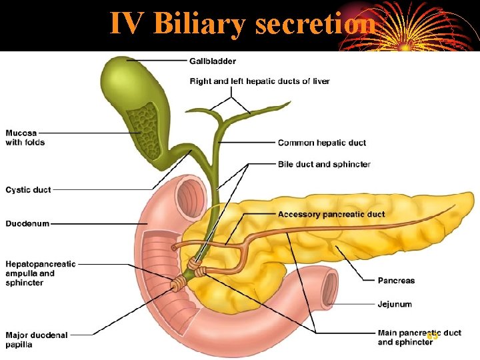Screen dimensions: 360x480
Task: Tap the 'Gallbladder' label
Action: coord(213,61)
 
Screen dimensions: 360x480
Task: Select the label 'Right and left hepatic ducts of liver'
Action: coord(259,81)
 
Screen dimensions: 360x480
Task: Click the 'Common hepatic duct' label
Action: coord(321,143)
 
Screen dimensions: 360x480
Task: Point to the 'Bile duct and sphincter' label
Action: coord(324,164)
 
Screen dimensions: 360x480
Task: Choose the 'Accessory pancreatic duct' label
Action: coord(331,215)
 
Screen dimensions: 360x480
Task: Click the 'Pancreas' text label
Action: coord(396,281)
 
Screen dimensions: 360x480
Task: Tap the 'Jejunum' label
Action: coord(395,304)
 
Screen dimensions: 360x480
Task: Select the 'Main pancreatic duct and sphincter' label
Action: coord(419,337)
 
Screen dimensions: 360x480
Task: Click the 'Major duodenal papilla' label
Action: coord(37,340)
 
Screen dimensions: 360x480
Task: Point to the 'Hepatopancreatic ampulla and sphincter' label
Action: coord(41,273)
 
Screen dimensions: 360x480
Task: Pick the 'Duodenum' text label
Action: coord(27,223)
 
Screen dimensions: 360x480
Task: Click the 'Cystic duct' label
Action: coord(28,190)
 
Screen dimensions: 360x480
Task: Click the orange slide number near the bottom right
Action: coord(433,336)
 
